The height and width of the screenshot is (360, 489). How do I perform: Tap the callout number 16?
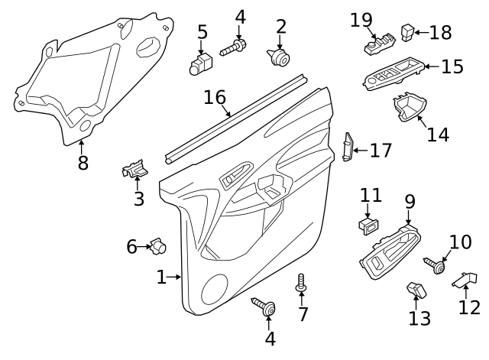coord(215,98)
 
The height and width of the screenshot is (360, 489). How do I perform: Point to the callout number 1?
coord(161,277)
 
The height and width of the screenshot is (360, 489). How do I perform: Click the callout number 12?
coord(469,307)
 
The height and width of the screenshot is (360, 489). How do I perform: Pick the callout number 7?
coord(303,313)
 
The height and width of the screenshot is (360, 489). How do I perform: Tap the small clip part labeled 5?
coord(200,64)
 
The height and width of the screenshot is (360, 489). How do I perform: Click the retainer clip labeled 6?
coord(159,246)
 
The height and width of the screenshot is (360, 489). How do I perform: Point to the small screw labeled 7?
coord(301,284)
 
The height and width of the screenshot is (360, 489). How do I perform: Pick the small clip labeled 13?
coord(416,290)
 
